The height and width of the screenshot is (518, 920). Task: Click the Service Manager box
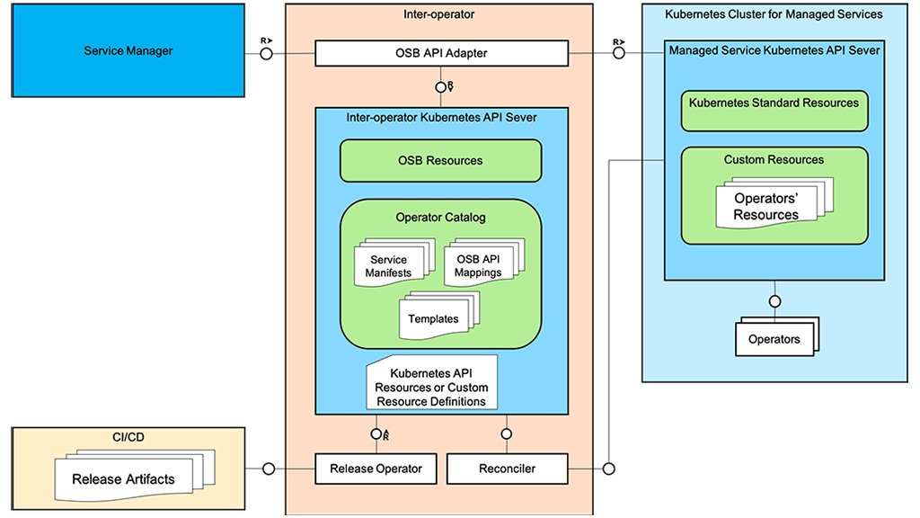(x=128, y=51)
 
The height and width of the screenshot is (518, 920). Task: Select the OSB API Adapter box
(x=441, y=54)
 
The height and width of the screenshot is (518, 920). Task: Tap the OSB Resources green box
(x=440, y=161)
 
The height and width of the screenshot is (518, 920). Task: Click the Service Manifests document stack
(x=389, y=266)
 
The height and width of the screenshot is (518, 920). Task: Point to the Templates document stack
(x=434, y=319)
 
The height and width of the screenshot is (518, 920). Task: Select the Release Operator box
(x=369, y=469)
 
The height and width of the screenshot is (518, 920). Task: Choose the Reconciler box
(x=507, y=469)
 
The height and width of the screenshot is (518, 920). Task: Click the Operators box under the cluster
(x=774, y=339)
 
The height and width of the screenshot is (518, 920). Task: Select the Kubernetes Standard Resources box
(x=774, y=103)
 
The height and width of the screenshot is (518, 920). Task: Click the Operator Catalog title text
(x=439, y=218)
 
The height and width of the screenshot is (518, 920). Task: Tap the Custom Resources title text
(x=774, y=160)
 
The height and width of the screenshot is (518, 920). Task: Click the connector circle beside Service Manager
(x=266, y=54)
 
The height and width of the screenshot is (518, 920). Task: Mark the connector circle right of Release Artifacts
(x=267, y=469)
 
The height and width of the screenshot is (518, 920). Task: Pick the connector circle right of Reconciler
(x=608, y=469)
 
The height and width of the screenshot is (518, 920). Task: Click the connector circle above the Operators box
(x=774, y=300)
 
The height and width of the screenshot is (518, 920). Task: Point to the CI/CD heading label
(x=130, y=437)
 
